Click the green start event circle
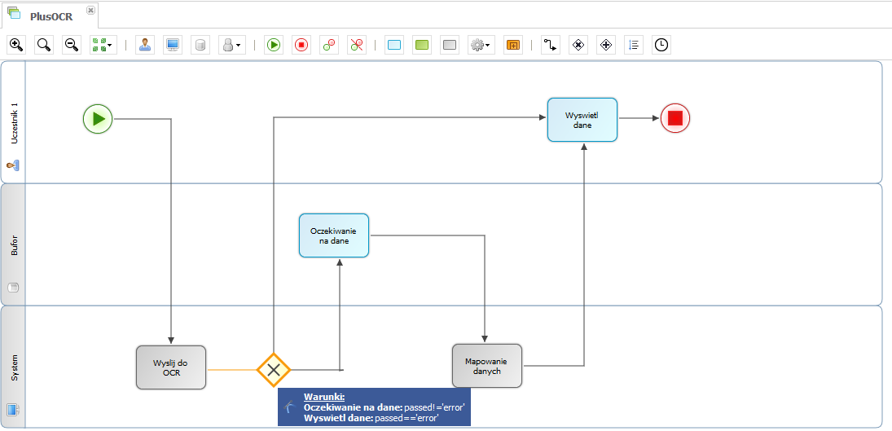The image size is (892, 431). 98,119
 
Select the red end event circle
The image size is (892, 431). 675,118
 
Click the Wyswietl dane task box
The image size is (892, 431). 582,120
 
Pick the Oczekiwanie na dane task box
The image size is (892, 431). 334,235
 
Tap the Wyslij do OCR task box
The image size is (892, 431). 171,367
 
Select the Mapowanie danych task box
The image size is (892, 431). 487,366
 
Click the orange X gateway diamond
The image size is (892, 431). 274,370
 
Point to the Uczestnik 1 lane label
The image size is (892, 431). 15,124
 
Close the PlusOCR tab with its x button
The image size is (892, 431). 90,11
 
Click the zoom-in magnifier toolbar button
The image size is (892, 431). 16,45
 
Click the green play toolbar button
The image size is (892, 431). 274,45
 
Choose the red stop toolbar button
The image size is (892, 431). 301,45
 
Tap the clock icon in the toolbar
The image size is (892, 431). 661,45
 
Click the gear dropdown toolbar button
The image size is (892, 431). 480,45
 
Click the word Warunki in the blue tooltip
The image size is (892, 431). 324,398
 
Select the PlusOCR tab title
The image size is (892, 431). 51,16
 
